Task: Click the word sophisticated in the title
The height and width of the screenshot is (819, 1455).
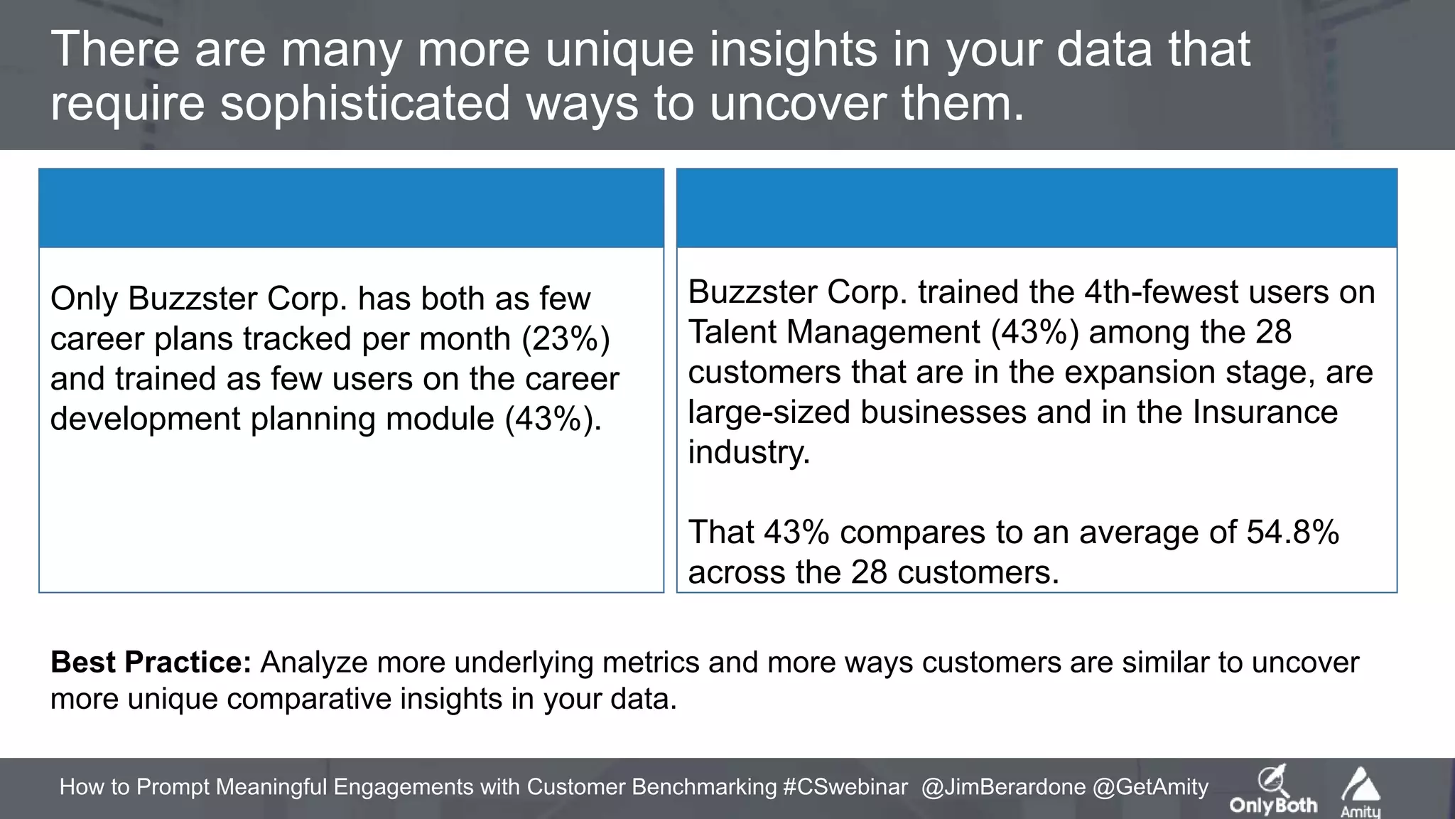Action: coord(365,103)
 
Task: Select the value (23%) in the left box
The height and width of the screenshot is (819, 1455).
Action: coord(566,338)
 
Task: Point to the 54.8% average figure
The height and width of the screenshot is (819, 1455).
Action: coord(1292,532)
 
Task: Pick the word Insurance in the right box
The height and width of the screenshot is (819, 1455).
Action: coord(1265,412)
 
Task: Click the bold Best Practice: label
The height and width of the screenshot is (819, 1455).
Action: coord(151,662)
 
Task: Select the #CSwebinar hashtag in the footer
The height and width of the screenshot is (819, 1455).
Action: coord(845,786)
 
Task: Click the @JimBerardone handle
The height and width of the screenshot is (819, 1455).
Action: coord(1003,786)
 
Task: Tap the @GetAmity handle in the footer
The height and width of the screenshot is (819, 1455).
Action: coord(1150,786)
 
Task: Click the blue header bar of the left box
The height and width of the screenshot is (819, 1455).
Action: coord(351,208)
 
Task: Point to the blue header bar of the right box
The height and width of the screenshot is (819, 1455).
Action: coord(1037,208)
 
